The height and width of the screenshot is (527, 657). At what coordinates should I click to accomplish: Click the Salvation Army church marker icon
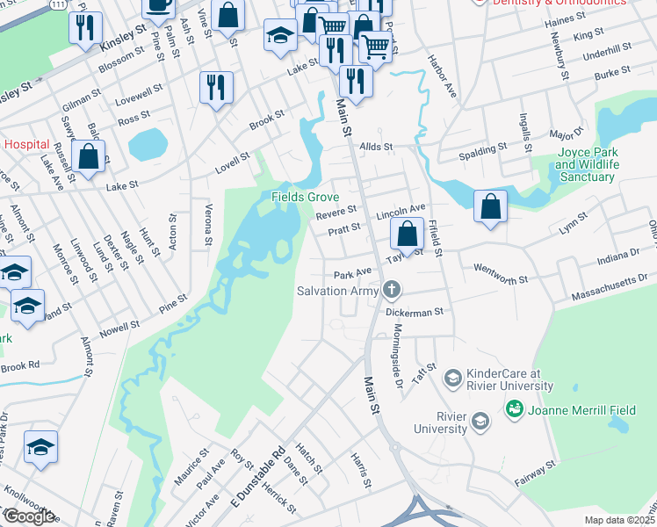pyautogui.click(x=392, y=289)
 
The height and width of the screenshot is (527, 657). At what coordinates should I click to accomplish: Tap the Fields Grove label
pyautogui.click(x=304, y=197)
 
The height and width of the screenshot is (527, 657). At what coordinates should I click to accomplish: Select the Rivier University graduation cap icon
pyautogui.click(x=480, y=422)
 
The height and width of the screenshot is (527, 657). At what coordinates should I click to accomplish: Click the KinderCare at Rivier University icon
pyautogui.click(x=452, y=379)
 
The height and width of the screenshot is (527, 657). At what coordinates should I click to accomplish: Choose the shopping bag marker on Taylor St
pyautogui.click(x=407, y=235)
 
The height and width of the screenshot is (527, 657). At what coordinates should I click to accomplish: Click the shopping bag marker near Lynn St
pyautogui.click(x=490, y=206)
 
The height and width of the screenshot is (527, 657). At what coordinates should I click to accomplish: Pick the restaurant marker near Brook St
pyautogui.click(x=215, y=87)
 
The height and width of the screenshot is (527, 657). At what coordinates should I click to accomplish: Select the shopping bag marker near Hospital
pyautogui.click(x=89, y=157)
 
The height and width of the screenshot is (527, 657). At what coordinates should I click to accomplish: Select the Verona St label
pyautogui.click(x=209, y=225)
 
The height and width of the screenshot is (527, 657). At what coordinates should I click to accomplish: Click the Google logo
pyautogui.click(x=28, y=516)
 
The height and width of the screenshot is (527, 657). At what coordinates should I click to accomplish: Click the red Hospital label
pyautogui.click(x=26, y=143)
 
